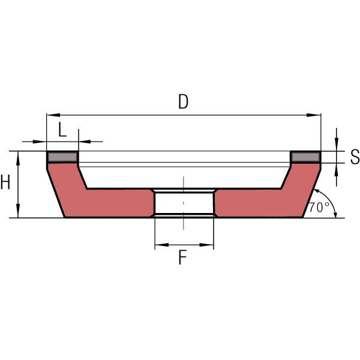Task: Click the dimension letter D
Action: tap(183, 102)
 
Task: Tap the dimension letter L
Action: tap(62, 130)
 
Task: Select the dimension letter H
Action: tap(5, 182)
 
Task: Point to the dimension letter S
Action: tap(355, 157)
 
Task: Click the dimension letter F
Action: tap(182, 257)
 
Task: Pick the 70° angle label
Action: tap(319, 208)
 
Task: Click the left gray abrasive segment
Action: tap(62, 157)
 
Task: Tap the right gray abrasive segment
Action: tap(305, 157)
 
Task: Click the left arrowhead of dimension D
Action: tap(53, 115)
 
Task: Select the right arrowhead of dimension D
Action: tap(314, 115)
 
